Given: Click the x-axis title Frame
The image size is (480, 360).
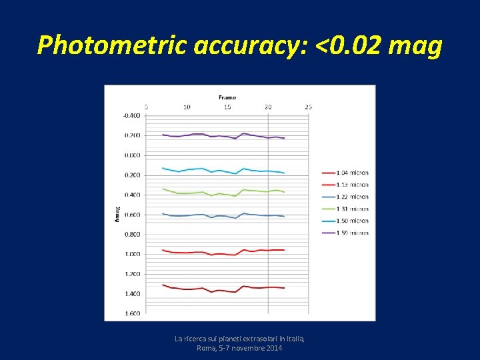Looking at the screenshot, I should [227, 97].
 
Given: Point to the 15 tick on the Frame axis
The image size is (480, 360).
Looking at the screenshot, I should [227, 107].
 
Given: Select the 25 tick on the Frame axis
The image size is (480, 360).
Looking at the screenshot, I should [308, 107].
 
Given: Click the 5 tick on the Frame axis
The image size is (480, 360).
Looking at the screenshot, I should [146, 107].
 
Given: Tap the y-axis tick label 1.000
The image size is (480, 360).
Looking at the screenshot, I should [131, 254].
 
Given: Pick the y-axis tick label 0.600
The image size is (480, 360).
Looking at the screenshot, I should [131, 215].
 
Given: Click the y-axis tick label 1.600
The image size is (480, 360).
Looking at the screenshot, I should [131, 313].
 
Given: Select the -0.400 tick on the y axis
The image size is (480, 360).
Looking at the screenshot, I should [131, 115].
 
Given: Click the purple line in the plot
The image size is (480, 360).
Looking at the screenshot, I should [200, 134].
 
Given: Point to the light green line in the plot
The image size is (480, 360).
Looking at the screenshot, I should [200, 193].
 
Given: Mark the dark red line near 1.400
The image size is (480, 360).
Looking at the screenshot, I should [200, 288].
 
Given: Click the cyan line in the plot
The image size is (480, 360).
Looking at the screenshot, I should [200, 169].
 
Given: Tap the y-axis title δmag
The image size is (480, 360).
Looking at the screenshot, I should [115, 213].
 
